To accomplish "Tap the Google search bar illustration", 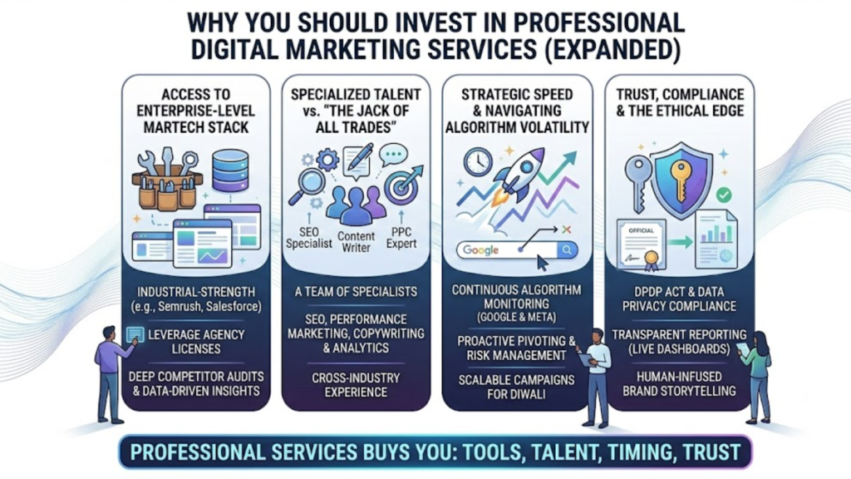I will click(516, 249).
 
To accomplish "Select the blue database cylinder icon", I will click(230, 170).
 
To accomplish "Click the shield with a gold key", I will click(682, 177).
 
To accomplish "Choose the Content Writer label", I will click(356, 241).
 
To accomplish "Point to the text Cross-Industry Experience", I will click(356, 383).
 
